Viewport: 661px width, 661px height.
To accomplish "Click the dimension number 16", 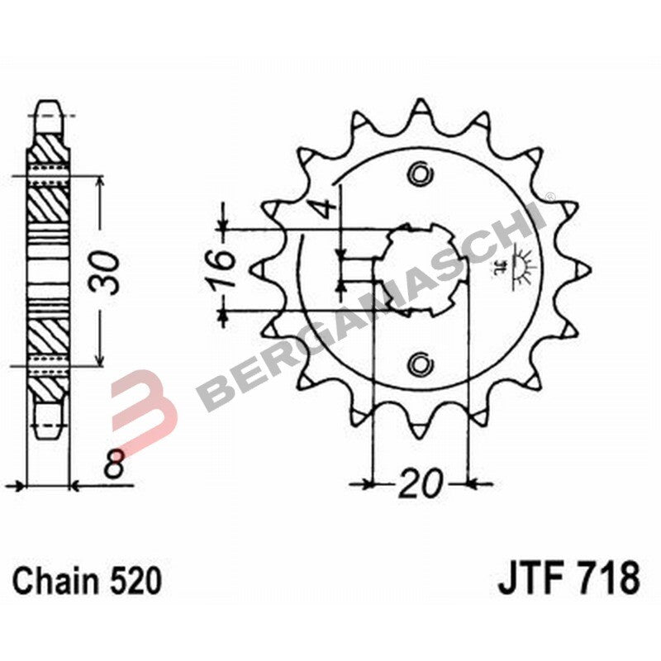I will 218,270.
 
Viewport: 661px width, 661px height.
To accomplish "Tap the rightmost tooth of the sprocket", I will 582,269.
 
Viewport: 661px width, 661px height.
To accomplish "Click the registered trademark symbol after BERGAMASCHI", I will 549,199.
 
